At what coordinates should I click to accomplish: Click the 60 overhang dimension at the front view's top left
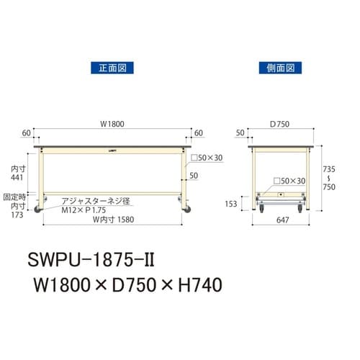pos(27,133)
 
